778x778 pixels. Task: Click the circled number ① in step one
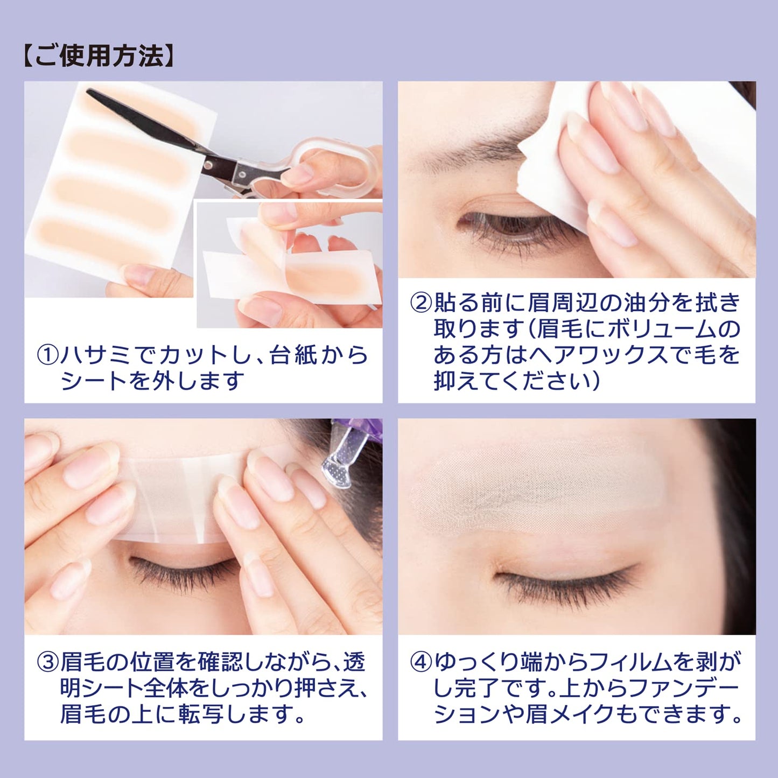point(47,356)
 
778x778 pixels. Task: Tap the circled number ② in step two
point(421,303)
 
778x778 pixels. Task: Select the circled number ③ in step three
point(47,662)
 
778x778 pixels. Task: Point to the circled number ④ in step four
point(421,662)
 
